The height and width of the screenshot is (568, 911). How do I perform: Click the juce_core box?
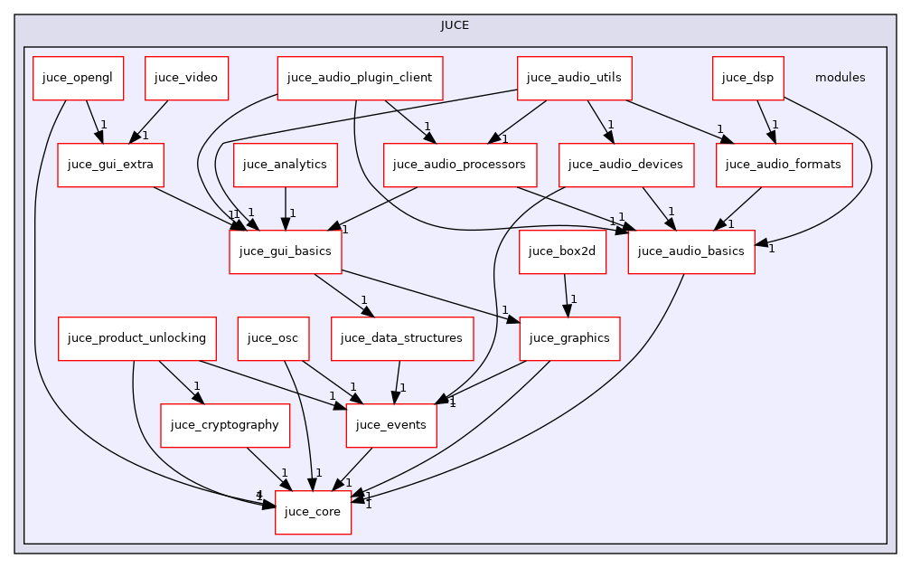[x=313, y=512]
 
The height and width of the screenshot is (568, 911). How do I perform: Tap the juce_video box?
[x=186, y=78]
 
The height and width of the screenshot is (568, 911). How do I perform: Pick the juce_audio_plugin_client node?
[x=361, y=78]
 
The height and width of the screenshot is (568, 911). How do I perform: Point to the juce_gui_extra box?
[x=105, y=165]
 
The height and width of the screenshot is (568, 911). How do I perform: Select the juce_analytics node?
[x=286, y=165]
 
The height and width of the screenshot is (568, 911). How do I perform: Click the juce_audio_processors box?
[x=460, y=165]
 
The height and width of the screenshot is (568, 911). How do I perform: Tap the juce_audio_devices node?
[x=626, y=165]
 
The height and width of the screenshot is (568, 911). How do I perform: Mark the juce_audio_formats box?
[x=784, y=165]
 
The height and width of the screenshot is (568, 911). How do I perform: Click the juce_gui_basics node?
[x=285, y=251]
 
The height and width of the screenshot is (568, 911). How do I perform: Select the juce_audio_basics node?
[x=692, y=251]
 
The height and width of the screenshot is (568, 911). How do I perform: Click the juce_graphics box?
[x=569, y=338]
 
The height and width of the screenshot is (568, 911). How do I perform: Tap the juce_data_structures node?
[x=402, y=338]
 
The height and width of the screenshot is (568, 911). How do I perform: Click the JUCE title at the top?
[x=455, y=24]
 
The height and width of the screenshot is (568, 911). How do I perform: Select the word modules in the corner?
[x=840, y=78]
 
